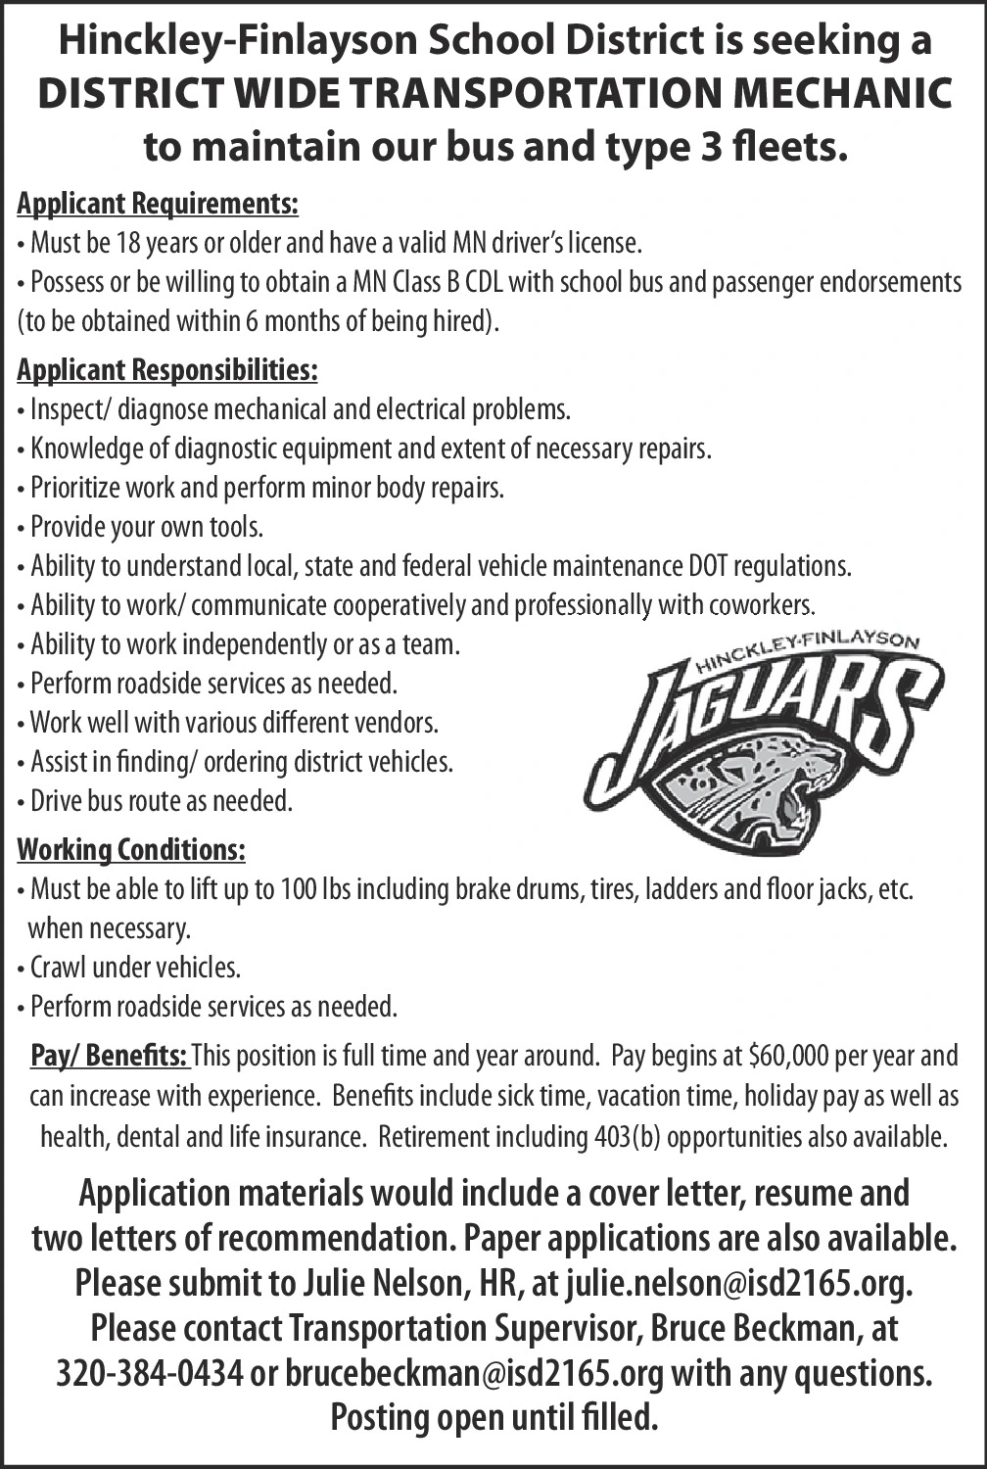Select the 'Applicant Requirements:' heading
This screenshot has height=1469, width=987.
(158, 204)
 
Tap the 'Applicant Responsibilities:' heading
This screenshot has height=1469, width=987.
(167, 370)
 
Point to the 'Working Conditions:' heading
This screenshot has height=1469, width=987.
(131, 849)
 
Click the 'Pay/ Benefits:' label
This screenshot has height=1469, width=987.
(109, 1057)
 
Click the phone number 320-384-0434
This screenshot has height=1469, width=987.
(149, 1373)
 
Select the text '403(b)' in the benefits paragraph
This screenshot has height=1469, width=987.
(627, 1138)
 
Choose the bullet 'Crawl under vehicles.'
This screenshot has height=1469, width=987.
(135, 968)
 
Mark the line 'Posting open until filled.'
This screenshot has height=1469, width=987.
(493, 1417)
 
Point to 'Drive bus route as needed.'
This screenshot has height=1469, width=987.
(162, 801)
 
